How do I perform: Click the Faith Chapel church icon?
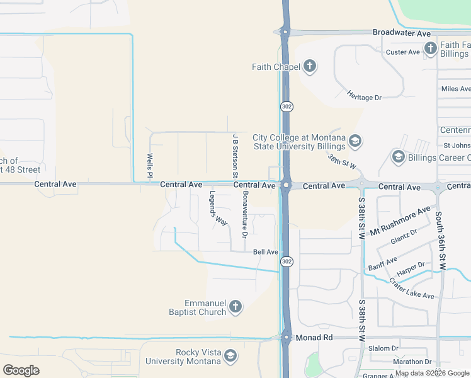click(309, 66)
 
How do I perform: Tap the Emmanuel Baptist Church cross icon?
click(235, 307)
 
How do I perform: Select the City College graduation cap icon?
click(355, 140)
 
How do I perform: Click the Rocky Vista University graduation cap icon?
click(230, 357)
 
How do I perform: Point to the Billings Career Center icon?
click(398, 156)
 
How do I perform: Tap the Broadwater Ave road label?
click(401, 33)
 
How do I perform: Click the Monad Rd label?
click(315, 338)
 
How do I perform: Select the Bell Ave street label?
click(265, 252)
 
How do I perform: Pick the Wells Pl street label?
click(150, 165)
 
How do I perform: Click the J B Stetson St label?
click(235, 151)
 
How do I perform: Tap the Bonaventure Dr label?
click(245, 214)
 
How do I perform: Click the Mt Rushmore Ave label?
click(400, 220)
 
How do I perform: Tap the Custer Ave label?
click(402, 52)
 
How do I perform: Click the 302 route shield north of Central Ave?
click(287, 107)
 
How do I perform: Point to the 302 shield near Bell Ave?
click(287, 261)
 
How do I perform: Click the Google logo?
click(21, 370)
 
